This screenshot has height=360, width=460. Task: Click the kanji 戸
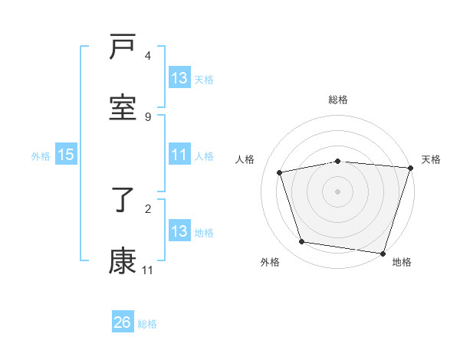coord(123,47)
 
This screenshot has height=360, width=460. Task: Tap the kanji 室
coord(123,107)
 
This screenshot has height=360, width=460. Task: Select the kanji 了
coord(123,201)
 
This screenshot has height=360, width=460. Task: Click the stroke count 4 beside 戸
coord(148,56)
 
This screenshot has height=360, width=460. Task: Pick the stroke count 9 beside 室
coord(148,116)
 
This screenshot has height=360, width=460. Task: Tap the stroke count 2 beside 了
coord(148,208)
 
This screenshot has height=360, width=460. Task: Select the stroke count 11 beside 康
coord(148,270)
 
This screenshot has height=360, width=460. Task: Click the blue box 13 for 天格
coord(179,78)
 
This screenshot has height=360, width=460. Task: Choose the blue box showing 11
coord(179,155)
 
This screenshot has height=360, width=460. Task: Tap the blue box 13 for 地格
coord(179,231)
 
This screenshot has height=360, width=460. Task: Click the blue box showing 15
coord(66,155)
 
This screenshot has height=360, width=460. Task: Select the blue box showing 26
coord(123,322)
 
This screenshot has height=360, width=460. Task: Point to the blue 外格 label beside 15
coord(41,155)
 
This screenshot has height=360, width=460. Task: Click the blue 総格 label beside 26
coord(147,324)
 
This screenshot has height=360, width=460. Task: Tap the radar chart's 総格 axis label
coord(338,100)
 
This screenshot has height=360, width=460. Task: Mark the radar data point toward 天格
coord(409,168)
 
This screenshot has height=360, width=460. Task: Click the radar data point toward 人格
coord(280,172)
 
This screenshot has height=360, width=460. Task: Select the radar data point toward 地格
coord(383,253)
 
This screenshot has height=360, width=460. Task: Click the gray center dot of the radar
coord(338,191)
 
